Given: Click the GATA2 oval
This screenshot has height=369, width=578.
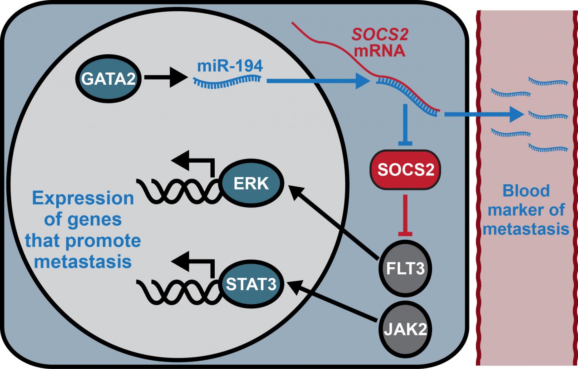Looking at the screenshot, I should click(x=108, y=78).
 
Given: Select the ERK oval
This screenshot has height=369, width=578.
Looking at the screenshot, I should click(x=251, y=183).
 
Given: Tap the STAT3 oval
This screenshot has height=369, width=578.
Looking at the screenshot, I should click(x=251, y=284).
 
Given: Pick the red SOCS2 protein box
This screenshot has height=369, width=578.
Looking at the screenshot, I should click(x=405, y=169).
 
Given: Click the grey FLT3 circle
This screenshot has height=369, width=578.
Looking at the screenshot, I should click(x=405, y=268).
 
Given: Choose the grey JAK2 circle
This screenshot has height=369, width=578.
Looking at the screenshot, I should click(x=405, y=329).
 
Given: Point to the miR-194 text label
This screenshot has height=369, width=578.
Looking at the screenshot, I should click(x=230, y=65).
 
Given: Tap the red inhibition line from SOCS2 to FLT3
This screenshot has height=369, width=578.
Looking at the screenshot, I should click(x=405, y=215).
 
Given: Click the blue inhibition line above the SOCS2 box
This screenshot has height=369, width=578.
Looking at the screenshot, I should click(x=405, y=124).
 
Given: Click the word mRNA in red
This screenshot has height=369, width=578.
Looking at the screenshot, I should click(x=379, y=51).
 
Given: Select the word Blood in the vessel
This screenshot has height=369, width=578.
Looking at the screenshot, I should click(x=526, y=191).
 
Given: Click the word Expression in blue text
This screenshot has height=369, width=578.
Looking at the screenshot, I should click(x=83, y=198).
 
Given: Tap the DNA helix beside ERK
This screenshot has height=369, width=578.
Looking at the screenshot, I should click(x=179, y=192).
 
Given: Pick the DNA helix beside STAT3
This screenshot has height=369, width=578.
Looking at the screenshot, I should click(x=179, y=292).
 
